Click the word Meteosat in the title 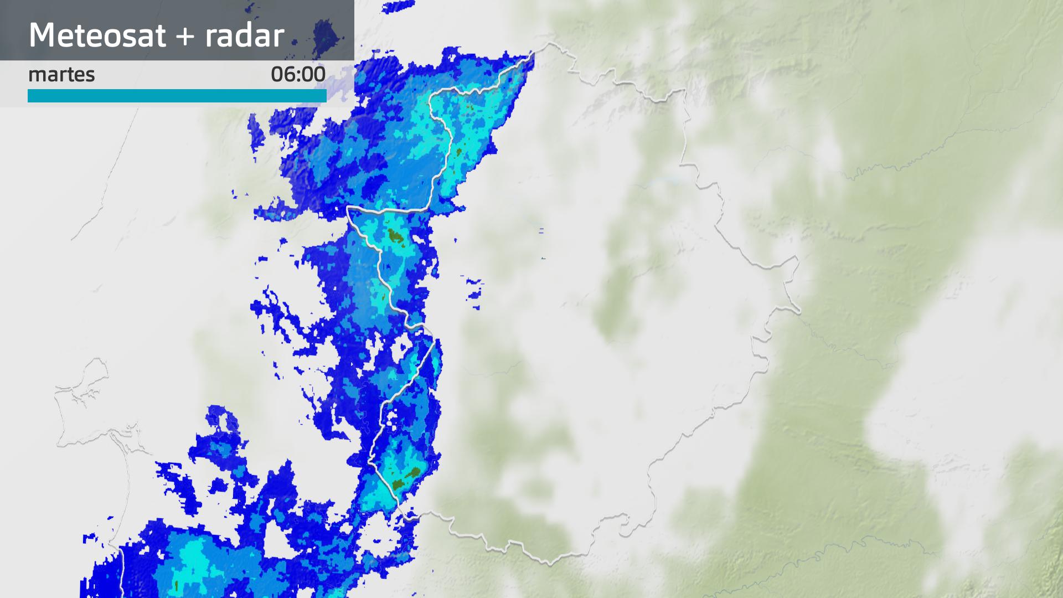(97, 35)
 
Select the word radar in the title (244, 35)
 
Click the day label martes (61, 74)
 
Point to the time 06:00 (298, 74)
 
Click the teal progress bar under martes (177, 96)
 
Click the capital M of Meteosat (42, 35)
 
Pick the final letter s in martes (91, 75)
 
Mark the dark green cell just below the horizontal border (395, 236)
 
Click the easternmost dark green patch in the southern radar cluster (413, 472)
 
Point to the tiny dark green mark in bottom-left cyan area (177, 585)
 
